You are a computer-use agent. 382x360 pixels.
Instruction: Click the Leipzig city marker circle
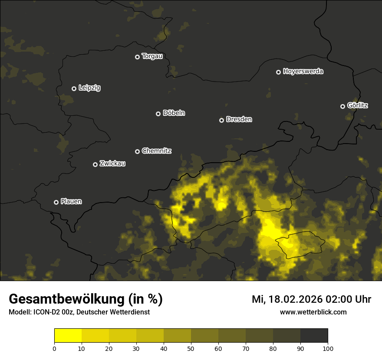coord(74,88)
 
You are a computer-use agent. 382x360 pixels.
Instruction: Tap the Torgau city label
coord(152,56)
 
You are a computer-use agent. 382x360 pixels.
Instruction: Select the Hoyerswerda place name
coord(303,72)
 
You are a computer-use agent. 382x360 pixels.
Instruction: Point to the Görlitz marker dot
coord(342,106)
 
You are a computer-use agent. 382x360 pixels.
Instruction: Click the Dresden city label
coord(239,119)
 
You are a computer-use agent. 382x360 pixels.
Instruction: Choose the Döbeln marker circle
coord(158,114)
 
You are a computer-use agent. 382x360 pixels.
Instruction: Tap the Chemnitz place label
coord(156,151)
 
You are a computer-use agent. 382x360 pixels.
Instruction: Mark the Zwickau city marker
coord(95,164)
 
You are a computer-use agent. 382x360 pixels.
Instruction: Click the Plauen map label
coord(71,201)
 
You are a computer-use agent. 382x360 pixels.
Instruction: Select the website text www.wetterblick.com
coord(313,312)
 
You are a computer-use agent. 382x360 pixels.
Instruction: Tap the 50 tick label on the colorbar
coord(191,348)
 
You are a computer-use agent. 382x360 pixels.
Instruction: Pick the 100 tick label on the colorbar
coord(328,348)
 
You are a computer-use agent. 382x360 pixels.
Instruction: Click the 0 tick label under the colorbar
coord(54,348)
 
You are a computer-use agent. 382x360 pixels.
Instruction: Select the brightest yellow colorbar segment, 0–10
coord(68,336)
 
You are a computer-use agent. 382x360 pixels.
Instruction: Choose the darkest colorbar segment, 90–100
coord(314,336)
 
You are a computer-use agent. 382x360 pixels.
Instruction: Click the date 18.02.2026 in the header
coord(294,299)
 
